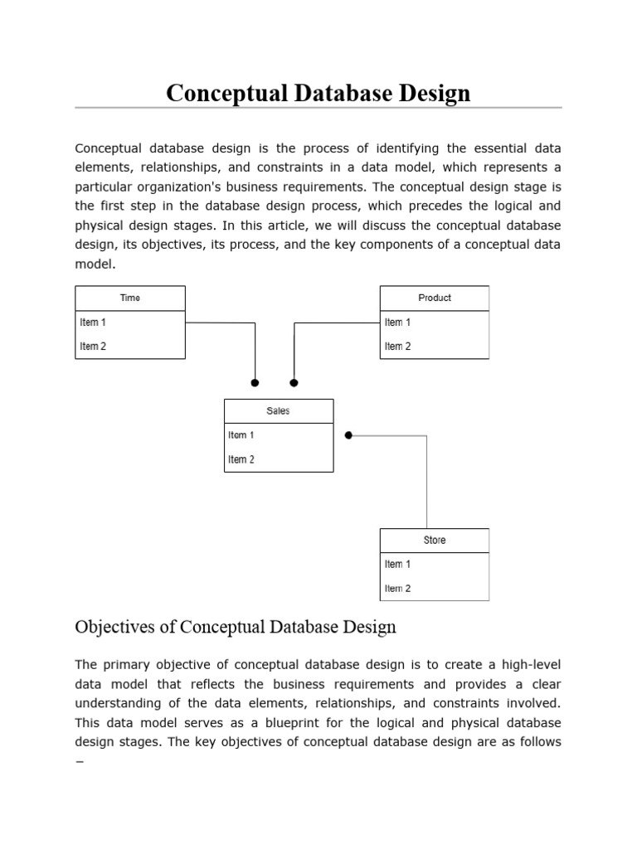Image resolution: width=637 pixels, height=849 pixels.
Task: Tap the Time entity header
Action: (x=130, y=298)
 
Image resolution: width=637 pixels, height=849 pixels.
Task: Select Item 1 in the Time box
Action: (x=93, y=323)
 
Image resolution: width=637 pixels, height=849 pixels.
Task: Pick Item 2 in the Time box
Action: (x=93, y=346)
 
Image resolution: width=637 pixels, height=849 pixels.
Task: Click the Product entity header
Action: (x=435, y=298)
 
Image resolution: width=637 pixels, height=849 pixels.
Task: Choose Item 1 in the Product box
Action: (x=398, y=323)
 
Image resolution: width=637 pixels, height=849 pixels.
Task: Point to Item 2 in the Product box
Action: (x=398, y=346)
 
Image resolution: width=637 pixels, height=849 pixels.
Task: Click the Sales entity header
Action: (x=279, y=411)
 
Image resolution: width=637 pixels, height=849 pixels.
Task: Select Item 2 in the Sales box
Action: (x=241, y=459)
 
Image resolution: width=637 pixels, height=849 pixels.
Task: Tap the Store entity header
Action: (x=435, y=541)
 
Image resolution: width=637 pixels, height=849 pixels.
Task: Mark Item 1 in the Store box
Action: (x=398, y=565)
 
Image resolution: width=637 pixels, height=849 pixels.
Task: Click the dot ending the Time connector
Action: (x=255, y=383)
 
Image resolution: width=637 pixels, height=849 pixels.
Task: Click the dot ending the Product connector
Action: (x=294, y=383)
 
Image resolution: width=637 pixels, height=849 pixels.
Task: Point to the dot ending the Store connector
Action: (x=349, y=435)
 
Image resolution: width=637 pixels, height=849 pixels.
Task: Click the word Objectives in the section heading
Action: (x=114, y=627)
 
